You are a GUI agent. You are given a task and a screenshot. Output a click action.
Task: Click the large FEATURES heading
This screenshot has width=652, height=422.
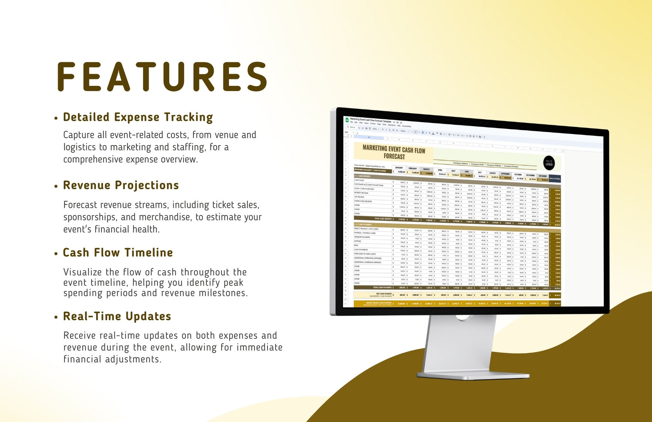(x=162, y=77)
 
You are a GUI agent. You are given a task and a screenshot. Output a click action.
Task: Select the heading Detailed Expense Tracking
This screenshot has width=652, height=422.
(x=138, y=117)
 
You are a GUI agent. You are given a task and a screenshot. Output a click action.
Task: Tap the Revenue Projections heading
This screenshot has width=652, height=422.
(x=121, y=185)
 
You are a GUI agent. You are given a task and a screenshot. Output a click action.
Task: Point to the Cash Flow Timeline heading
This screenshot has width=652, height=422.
(x=118, y=253)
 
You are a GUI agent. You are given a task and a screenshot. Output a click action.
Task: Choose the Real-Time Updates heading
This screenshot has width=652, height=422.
(x=117, y=316)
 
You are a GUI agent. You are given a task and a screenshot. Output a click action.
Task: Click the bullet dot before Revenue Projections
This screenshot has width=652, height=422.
(x=56, y=187)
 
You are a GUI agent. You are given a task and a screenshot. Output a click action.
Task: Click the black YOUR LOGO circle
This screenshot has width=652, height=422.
(x=549, y=163)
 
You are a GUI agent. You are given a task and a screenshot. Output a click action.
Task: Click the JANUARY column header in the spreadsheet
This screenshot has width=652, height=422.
(x=399, y=168)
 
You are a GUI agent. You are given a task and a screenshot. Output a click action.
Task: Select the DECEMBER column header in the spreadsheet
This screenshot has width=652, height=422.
(x=543, y=176)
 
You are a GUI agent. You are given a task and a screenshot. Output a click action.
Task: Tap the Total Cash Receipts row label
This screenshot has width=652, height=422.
(x=382, y=219)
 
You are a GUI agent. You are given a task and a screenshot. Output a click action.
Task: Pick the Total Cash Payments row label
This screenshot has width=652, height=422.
(x=382, y=287)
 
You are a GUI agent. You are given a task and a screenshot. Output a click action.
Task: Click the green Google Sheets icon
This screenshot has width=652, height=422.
(x=347, y=120)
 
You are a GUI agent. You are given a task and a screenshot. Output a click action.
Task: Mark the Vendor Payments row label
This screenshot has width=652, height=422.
(x=362, y=237)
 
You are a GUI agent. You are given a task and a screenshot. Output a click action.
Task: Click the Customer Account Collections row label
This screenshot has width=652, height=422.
(x=368, y=184)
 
